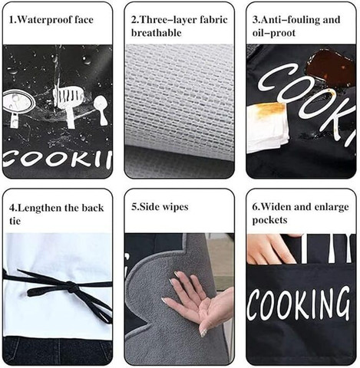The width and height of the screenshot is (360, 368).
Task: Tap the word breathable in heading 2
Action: click(157, 33)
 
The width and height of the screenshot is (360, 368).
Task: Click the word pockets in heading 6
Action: click(269, 220)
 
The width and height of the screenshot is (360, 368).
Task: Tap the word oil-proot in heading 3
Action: click(274, 33)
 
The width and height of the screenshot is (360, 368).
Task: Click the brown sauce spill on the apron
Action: click(331, 66)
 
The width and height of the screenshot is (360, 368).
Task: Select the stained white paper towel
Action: click(267, 127)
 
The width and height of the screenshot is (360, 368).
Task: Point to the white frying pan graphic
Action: click(18, 106)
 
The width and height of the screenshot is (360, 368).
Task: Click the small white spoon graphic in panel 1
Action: click(101, 110)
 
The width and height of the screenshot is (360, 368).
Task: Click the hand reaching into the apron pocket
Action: click(271, 248)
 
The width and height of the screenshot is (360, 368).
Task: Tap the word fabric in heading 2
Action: click(213, 20)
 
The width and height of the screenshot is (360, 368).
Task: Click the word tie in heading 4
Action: click(15, 221)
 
